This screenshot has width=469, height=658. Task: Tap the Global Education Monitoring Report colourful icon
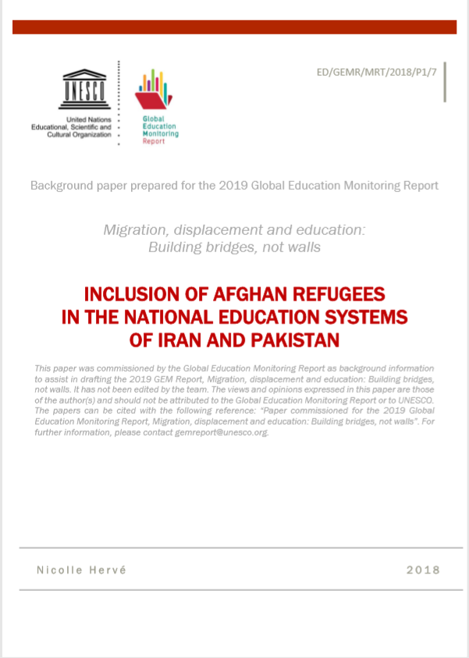pos(153,91)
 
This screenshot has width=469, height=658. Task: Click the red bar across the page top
pos(234,27)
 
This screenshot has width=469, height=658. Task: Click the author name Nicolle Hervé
pos(81,570)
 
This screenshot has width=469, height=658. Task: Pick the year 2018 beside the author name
pos(423,570)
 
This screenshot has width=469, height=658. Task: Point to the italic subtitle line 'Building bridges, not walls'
pos(234,247)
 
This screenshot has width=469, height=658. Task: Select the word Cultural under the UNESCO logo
pos(62,134)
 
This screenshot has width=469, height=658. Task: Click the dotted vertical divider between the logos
pos(119,101)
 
